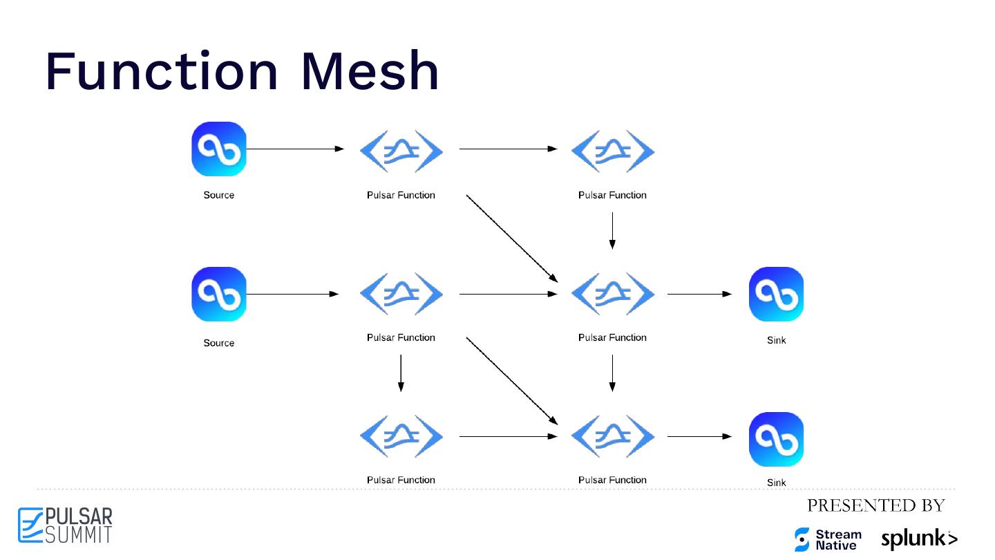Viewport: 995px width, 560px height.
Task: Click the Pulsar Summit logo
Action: click(65, 525)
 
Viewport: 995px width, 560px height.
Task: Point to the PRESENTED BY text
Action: click(875, 505)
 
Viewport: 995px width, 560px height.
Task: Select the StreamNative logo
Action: click(828, 539)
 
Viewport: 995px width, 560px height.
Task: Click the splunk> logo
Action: click(919, 539)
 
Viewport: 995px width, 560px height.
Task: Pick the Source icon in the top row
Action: click(219, 149)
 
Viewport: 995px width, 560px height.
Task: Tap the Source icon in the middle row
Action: click(219, 294)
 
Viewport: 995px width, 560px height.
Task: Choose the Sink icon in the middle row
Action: click(776, 294)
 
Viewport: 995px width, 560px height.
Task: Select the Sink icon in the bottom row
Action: click(776, 439)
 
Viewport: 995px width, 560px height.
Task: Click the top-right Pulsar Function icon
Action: click(612, 151)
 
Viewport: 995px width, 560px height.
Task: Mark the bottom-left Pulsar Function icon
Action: click(401, 436)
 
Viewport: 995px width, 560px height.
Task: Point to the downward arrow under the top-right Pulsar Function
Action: click(612, 230)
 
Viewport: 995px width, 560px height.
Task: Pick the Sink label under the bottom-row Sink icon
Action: click(777, 483)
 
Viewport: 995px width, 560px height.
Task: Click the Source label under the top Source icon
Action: click(219, 195)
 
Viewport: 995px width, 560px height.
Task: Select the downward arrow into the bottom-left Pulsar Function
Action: click(401, 373)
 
